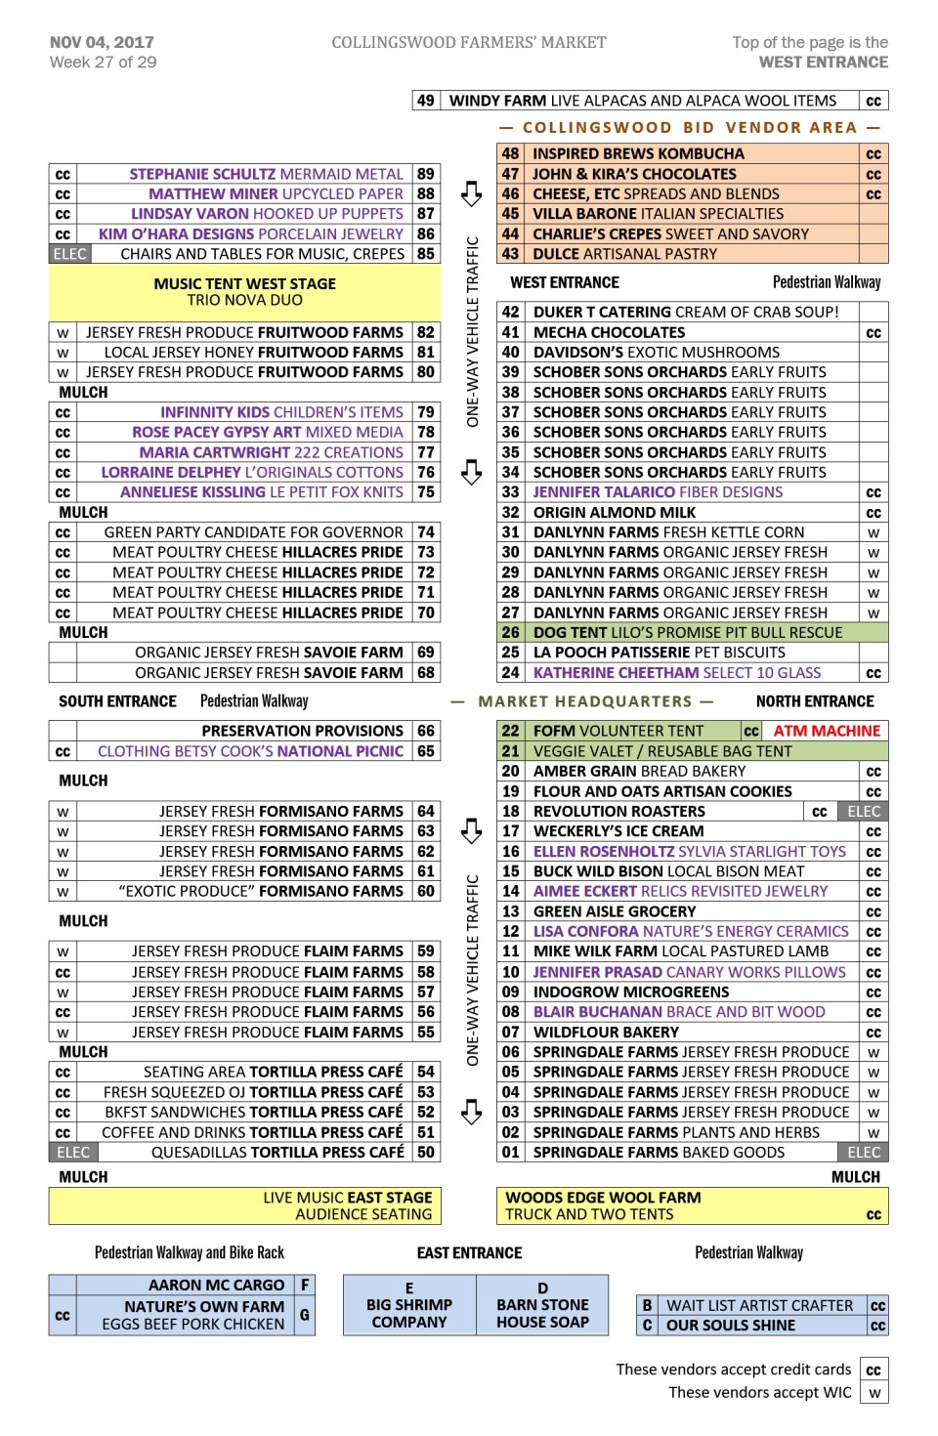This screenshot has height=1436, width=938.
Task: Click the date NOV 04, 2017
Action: click(102, 42)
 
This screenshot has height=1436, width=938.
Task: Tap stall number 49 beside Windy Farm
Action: click(425, 101)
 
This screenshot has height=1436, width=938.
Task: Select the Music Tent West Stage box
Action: click(244, 291)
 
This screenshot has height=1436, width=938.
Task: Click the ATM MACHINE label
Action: click(827, 731)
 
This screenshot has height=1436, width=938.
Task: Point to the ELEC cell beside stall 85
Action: click(69, 254)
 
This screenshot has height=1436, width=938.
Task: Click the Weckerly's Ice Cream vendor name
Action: click(618, 831)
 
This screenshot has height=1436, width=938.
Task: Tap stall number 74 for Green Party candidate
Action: click(426, 532)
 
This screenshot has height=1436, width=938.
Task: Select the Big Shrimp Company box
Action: click(409, 1305)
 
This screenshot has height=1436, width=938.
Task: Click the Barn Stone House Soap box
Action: click(542, 1305)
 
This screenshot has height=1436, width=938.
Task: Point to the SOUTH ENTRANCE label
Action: click(117, 701)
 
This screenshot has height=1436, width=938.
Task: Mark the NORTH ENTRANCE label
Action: click(815, 701)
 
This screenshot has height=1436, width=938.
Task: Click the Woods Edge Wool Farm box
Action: click(692, 1205)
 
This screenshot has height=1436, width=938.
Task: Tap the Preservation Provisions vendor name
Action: click(302, 731)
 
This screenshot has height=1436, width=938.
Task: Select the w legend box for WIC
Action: click(874, 1393)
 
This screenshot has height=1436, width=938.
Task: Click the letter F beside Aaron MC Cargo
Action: click(305, 1285)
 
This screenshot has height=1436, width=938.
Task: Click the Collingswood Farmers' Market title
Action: click(468, 42)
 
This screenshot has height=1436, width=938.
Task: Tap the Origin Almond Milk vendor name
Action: click(615, 513)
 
